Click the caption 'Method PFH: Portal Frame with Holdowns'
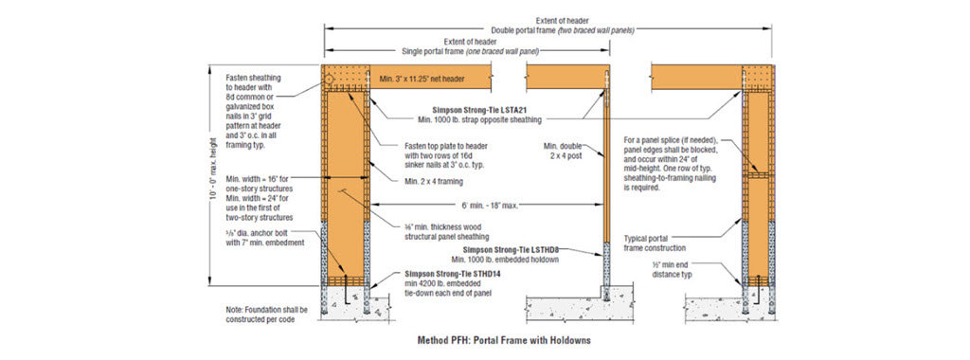pos(484,338)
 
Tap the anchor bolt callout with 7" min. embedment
pos(258,239)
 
